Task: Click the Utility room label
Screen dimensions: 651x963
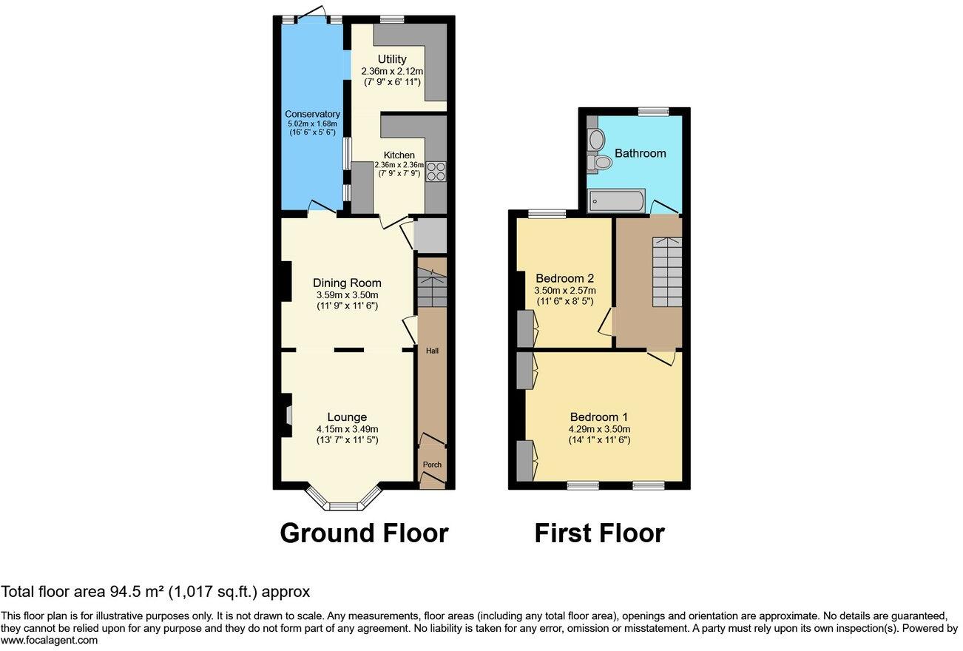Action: click(x=391, y=59)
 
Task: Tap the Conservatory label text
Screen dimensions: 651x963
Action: click(x=312, y=114)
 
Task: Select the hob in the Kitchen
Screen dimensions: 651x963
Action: click(x=436, y=171)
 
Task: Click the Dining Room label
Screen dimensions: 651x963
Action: click(x=347, y=283)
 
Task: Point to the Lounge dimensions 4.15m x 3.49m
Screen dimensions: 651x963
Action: click(x=347, y=429)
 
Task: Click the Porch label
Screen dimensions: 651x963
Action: click(x=432, y=465)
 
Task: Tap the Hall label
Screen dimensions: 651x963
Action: click(x=432, y=351)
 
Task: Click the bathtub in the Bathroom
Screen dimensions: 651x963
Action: click(x=617, y=200)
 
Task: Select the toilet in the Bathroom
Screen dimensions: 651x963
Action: click(x=601, y=162)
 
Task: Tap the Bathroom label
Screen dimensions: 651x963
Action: click(x=641, y=153)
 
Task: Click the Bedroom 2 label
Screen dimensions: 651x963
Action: click(x=565, y=278)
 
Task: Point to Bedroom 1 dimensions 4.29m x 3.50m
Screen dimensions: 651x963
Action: click(x=600, y=429)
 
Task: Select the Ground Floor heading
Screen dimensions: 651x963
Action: click(x=364, y=533)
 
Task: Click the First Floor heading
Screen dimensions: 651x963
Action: click(x=599, y=533)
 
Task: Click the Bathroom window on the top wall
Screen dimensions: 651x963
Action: click(x=653, y=112)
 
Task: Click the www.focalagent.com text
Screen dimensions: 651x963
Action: click(x=49, y=641)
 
